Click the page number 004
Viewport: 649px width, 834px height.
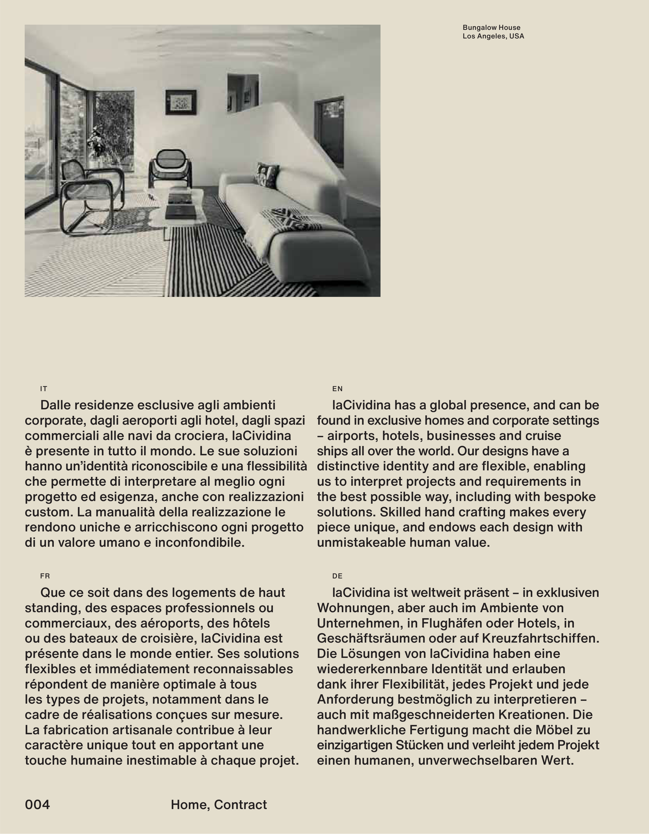pyautogui.click(x=37, y=805)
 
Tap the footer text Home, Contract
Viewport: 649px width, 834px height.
pyautogui.click(x=219, y=805)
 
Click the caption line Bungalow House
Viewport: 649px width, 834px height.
pyautogui.click(x=491, y=28)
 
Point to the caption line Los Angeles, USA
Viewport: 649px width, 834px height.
pyautogui.click(x=493, y=36)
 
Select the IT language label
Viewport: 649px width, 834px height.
pyautogui.click(x=44, y=389)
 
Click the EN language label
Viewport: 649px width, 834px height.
pyautogui.click(x=337, y=389)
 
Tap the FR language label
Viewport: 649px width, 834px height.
pyautogui.click(x=45, y=576)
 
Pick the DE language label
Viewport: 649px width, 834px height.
pyautogui.click(x=337, y=576)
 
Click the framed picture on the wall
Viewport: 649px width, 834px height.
pyautogui.click(x=181, y=102)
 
